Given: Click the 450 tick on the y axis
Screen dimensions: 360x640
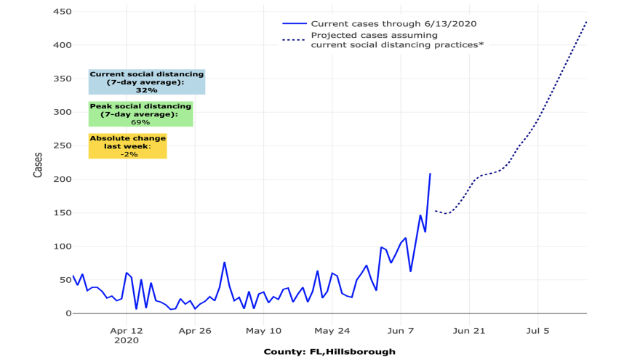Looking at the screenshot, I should tap(60, 12).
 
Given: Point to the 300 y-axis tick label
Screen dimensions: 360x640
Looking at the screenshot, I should tap(60, 112).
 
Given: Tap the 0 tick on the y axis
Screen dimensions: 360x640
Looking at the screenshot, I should tap(65, 313).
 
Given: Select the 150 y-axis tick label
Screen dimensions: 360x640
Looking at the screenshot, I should tap(60, 212).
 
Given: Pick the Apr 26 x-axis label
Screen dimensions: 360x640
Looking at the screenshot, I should tap(195, 330).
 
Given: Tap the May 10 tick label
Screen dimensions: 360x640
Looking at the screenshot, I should tap(263, 330).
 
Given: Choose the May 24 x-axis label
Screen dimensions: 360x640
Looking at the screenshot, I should tap(332, 330).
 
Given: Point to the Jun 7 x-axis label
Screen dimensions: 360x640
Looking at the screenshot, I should tap(401, 330).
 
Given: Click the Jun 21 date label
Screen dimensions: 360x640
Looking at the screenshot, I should tap(469, 330).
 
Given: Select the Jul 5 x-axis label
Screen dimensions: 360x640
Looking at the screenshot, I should tap(537, 330).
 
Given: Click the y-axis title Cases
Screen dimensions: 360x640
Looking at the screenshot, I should tap(38, 163).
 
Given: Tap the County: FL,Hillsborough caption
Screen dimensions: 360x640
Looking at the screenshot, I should tap(329, 352).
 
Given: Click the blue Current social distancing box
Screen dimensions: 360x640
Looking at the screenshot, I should tap(146, 82).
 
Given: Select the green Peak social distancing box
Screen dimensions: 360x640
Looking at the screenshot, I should tap(140, 114).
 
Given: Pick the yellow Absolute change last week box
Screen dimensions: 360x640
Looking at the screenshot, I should tap(127, 146).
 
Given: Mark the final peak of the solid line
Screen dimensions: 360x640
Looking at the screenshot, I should tap(430, 174).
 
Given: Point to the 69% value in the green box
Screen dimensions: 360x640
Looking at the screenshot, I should tap(140, 122).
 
